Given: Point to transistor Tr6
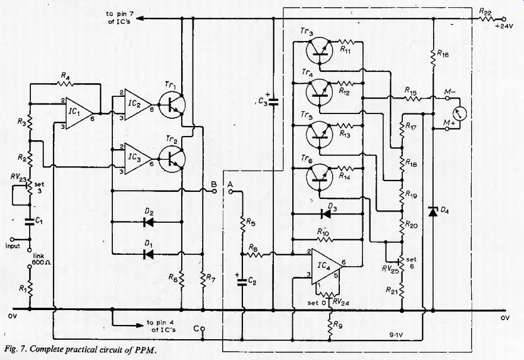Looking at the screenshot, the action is pos(320,177).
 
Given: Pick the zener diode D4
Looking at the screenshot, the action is pos(433,211).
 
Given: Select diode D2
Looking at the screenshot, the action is pos(148,222).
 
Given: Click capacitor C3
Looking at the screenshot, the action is pos(273,102).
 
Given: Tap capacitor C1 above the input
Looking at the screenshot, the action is pos(30,221).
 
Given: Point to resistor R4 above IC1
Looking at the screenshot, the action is pos(65,84).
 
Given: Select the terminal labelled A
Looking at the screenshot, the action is pos(230,191).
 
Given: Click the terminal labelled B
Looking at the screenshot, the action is pos(214,191).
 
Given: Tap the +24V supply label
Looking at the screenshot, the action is pos(504,27).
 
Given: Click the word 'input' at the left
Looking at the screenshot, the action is pos(12,246).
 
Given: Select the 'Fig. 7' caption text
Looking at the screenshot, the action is pos(15,349).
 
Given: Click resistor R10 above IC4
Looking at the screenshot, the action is pos(323,239).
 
